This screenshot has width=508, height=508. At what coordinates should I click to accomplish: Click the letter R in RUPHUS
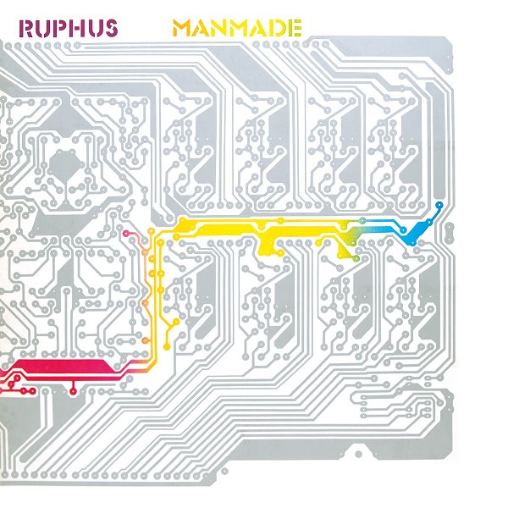point(28,27)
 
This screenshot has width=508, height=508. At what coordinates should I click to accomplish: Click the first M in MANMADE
point(182,27)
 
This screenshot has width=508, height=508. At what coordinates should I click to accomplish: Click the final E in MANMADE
point(293,27)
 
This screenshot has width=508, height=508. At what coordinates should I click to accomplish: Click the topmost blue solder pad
point(439,205)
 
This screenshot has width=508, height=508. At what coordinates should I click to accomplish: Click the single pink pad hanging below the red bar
point(74,391)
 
